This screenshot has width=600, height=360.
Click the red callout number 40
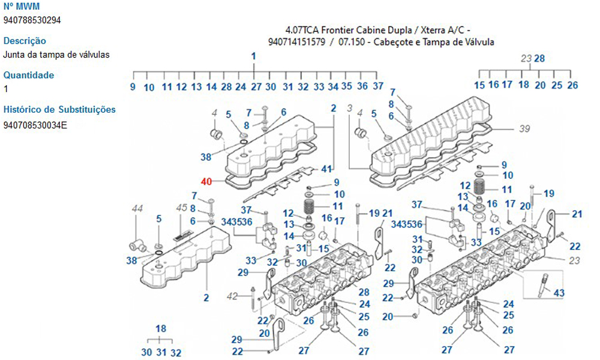[x=207, y=182]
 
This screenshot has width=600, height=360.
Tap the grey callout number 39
[x=525, y=128]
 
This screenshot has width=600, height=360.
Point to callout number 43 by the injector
[x=559, y=293]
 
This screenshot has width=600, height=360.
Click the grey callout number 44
[x=137, y=209]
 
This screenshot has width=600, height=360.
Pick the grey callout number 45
[x=182, y=208]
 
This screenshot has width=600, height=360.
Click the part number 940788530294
[x=32, y=20]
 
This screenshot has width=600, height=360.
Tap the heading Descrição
[x=25, y=41]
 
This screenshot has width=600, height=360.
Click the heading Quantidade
[x=29, y=75]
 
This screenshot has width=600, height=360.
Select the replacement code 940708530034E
[x=35, y=125]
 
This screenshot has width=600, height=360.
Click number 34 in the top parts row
[x=334, y=86]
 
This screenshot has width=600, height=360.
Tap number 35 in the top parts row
[x=347, y=86]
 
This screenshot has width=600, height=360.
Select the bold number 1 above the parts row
[x=254, y=56]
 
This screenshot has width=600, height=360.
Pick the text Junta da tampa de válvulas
[x=56, y=55]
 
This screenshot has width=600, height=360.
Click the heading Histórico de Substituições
[x=59, y=109]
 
